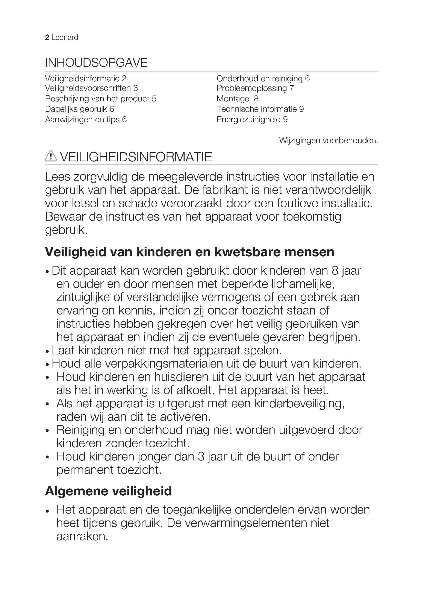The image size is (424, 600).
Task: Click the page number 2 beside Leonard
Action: pyautogui.click(x=47, y=38)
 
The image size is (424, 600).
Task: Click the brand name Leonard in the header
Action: pyautogui.click(x=65, y=38)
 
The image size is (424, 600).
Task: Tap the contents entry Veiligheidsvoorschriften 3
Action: pyautogui.click(x=91, y=88)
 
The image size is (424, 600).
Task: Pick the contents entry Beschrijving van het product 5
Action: pyautogui.click(x=100, y=99)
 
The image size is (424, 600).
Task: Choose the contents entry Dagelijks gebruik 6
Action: pyautogui.click(x=80, y=109)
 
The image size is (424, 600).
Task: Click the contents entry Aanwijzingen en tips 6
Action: pyautogui.click(x=86, y=120)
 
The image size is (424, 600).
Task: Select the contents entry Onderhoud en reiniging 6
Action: pyautogui.click(x=263, y=79)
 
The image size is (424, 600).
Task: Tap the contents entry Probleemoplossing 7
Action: pyautogui.click(x=255, y=88)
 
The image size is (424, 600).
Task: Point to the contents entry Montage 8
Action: pyautogui.click(x=237, y=99)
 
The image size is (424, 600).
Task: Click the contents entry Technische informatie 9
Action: pyautogui.click(x=260, y=109)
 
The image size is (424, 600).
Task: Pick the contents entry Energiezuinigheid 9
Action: pyautogui.click(x=252, y=120)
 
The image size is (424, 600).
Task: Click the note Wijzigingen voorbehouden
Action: pyautogui.click(x=328, y=141)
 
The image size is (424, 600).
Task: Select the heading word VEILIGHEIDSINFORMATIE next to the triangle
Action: pyautogui.click(x=136, y=157)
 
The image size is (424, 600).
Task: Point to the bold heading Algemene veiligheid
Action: pyautogui.click(x=108, y=491)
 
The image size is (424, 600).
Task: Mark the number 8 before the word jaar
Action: pyautogui.click(x=335, y=271)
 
